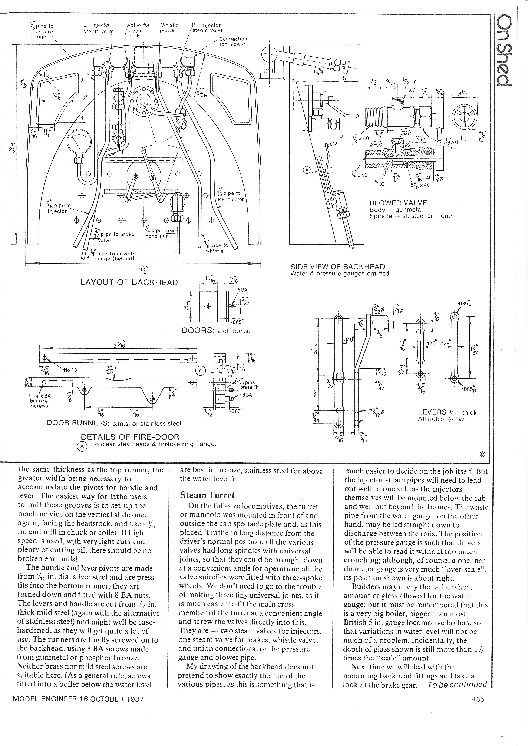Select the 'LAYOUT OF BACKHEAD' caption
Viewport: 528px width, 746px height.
[129, 282]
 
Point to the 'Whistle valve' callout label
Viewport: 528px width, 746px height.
[170, 28]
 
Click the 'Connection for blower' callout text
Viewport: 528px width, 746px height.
[233, 42]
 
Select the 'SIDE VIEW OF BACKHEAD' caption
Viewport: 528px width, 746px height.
[337, 267]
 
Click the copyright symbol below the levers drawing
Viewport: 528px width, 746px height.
[482, 454]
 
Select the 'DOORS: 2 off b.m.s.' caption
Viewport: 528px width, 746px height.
[215, 331]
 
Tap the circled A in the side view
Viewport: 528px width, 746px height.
[307, 169]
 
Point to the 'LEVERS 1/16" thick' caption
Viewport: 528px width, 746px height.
[447, 413]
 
